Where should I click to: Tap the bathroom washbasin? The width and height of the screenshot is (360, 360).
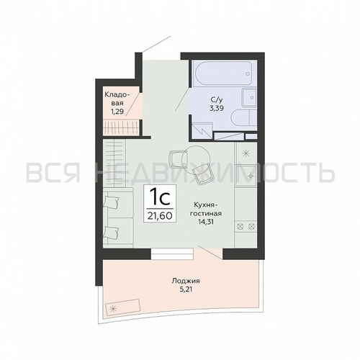click(249, 97)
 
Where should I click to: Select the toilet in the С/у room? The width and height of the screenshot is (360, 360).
click(244, 118)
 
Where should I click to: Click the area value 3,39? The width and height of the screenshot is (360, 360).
click(217, 108)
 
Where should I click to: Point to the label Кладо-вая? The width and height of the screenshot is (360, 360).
click(117, 99)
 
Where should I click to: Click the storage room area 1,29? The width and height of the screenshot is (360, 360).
click(117, 112)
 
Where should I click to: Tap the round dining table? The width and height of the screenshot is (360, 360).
click(196, 159)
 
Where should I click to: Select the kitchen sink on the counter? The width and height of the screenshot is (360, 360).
click(246, 176)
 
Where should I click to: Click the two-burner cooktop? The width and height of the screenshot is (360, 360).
click(246, 226)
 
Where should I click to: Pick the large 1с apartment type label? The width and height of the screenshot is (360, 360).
click(160, 198)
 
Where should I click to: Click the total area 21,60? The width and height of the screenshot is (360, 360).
click(160, 216)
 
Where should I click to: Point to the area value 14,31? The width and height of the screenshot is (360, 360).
click(206, 222)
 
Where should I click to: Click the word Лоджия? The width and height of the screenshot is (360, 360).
click(186, 281)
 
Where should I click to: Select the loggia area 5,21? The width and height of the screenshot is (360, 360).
click(186, 289)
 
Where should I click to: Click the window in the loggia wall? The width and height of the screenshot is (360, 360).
click(172, 254)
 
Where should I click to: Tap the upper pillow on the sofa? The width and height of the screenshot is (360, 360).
click(111, 201)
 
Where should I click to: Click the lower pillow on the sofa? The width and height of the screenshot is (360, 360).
click(112, 232)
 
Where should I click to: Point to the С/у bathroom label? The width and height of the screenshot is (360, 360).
click(215, 99)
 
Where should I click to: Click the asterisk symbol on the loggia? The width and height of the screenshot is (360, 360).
click(112, 309)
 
